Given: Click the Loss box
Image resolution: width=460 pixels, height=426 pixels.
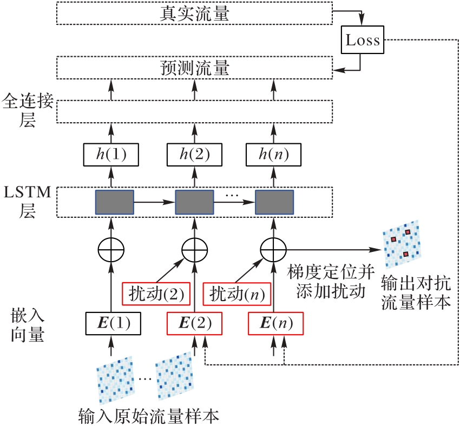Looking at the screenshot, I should [363, 40].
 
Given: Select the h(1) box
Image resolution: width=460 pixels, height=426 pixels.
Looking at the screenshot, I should [111, 155].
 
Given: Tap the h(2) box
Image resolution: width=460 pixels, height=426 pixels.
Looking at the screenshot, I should [194, 155].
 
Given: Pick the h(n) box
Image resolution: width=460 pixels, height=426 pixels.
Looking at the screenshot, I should [274, 155].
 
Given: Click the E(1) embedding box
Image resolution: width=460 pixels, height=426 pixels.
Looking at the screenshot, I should [113, 323].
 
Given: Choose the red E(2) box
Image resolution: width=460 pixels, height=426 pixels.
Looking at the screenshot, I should [194, 323].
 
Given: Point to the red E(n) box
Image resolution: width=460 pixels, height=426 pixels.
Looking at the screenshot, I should [275, 323].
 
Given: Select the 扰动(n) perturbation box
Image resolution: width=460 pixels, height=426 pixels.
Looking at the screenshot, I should [237, 294].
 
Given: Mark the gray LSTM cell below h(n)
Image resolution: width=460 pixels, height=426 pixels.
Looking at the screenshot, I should [274, 202].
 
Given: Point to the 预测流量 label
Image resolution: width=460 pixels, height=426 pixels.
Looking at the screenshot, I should [195, 68].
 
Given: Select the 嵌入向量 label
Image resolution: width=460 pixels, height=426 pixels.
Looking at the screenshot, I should [27, 324].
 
